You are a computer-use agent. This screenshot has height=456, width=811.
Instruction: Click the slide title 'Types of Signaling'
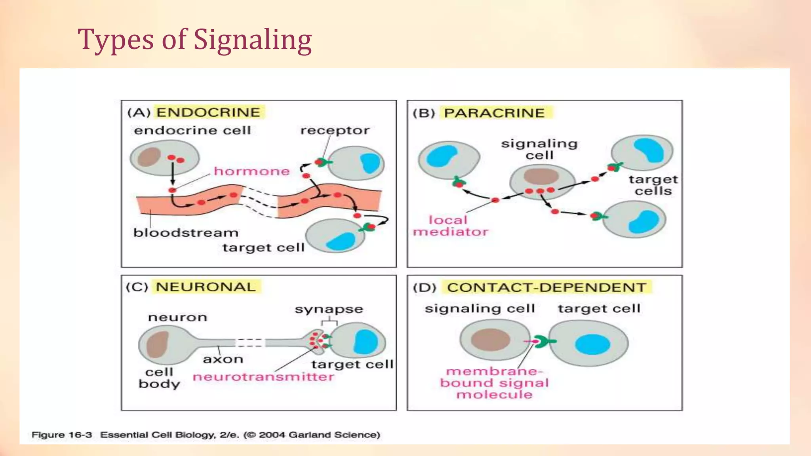click(x=194, y=40)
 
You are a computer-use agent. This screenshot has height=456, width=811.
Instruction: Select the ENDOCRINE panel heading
click(x=208, y=112)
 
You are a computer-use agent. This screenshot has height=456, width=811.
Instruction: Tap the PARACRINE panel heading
click(x=494, y=113)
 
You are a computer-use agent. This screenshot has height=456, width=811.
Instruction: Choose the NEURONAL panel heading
click(x=206, y=287)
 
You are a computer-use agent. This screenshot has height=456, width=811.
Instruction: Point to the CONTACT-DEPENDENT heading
click(x=546, y=287)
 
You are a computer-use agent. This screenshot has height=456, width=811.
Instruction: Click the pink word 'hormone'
click(x=252, y=171)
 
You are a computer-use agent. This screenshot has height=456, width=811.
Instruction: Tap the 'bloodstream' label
click(x=186, y=233)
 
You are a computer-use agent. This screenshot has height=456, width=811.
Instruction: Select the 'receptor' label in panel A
click(x=335, y=131)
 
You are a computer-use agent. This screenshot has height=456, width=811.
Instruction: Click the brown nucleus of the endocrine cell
click(x=149, y=157)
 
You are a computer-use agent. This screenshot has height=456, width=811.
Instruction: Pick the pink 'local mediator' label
click(x=450, y=226)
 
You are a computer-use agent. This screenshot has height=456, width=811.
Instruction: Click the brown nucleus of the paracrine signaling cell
click(x=541, y=177)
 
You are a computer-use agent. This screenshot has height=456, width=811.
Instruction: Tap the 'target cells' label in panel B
click(x=653, y=185)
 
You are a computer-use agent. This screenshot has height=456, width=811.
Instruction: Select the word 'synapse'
click(x=329, y=309)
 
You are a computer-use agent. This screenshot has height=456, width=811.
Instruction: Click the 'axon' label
click(x=223, y=359)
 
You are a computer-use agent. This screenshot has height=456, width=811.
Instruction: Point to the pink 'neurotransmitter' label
click(x=263, y=377)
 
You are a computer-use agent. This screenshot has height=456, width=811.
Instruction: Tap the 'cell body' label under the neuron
click(x=159, y=378)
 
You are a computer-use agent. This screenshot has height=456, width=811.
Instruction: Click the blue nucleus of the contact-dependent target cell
click(x=592, y=344)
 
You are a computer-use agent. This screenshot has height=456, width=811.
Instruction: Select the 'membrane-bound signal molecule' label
click(x=494, y=383)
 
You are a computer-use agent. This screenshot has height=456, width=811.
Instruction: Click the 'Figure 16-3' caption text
click(x=62, y=435)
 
